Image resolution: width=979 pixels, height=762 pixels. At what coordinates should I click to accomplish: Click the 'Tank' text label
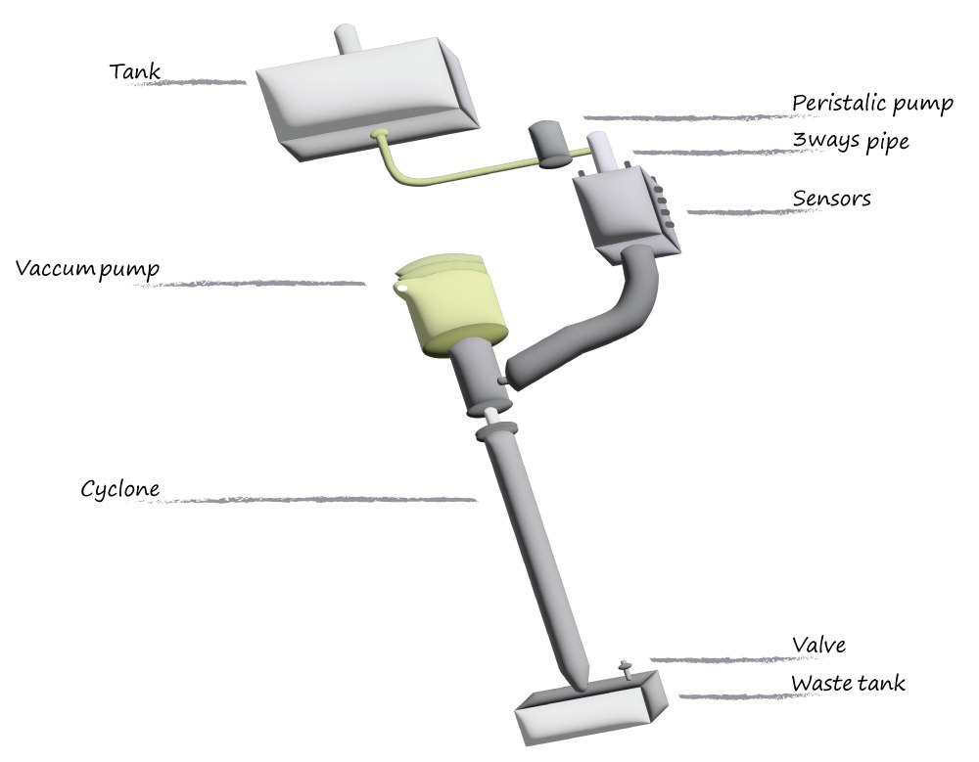136,71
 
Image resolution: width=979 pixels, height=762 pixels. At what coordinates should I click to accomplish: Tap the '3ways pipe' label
850,141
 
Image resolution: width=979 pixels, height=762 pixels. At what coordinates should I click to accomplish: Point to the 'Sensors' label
831,199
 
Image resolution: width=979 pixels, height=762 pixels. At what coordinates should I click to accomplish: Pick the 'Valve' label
818,644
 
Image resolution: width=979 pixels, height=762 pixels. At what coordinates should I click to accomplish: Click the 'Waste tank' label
848,683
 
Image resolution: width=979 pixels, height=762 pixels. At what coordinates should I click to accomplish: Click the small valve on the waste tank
626,669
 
